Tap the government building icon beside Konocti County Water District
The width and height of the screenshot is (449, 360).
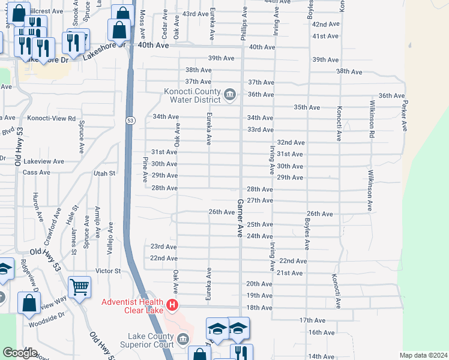point(229,95)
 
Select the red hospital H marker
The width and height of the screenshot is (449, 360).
point(173,305)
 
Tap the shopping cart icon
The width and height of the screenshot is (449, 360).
point(79,288)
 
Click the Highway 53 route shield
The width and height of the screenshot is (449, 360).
point(130,121)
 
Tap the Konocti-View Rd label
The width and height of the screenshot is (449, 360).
point(55,119)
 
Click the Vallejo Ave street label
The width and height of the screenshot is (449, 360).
point(110,239)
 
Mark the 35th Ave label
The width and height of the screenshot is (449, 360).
point(306,107)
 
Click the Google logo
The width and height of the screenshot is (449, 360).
point(20,353)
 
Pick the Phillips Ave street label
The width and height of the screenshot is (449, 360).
point(244,25)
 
